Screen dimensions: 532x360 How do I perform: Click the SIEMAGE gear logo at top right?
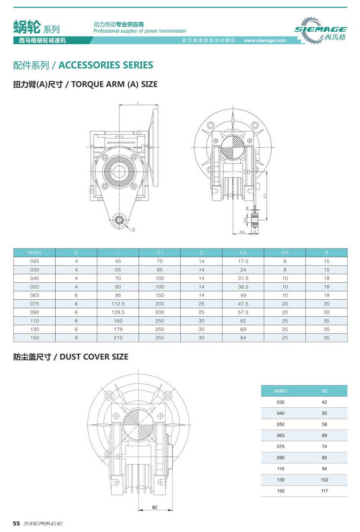click(x=320, y=30)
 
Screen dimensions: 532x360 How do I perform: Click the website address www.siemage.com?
click(x=265, y=41)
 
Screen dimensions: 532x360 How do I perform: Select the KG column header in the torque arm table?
click(x=243, y=253)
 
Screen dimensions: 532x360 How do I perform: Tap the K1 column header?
click(x=160, y=253)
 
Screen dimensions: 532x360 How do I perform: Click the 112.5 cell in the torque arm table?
click(x=118, y=304)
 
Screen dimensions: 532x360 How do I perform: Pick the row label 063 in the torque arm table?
click(x=34, y=295)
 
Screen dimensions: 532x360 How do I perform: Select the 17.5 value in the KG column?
click(x=243, y=261)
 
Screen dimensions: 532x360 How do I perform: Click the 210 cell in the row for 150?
click(x=118, y=338)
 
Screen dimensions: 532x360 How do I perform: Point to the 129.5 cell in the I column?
click(x=118, y=313)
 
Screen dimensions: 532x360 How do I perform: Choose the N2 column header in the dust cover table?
click(x=324, y=391)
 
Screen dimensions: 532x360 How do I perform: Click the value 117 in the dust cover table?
click(x=324, y=491)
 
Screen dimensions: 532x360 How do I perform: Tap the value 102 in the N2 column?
click(x=324, y=480)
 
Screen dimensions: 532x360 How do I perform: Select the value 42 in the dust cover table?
click(x=324, y=402)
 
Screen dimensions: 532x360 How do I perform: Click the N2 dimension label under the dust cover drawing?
click(x=155, y=507)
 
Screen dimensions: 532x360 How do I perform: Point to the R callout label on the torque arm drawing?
click(x=134, y=230)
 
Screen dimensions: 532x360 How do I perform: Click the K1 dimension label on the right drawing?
click(x=265, y=196)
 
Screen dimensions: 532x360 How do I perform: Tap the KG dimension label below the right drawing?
click(x=242, y=232)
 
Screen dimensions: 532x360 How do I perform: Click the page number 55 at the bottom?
click(x=16, y=524)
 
